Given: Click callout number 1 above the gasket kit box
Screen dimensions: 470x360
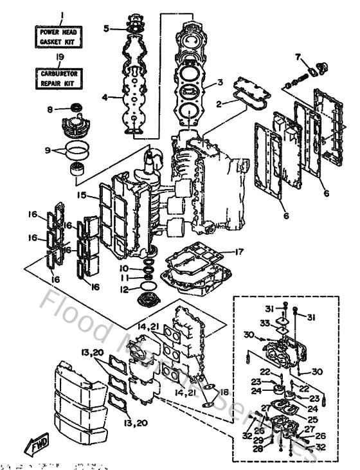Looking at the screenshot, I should click(61, 15).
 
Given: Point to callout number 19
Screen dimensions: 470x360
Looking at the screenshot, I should click(60, 57).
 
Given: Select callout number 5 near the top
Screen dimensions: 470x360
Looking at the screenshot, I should click(108, 28).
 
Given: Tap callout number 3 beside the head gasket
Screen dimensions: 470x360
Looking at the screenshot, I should click(221, 82).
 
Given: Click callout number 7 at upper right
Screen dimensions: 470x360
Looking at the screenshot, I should click(298, 57).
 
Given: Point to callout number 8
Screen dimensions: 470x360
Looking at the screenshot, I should click(50, 110).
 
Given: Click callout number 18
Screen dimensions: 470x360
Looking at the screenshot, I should click(223, 392).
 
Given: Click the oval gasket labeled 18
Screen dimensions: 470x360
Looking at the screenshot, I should click(206, 405).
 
